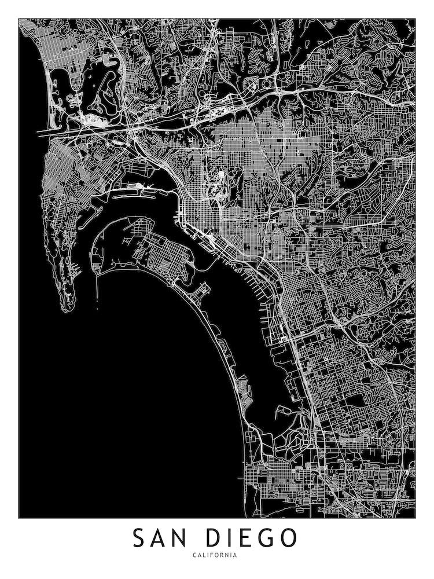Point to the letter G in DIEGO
(x=264, y=538)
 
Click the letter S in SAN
(x=139, y=538)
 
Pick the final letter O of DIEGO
(x=288, y=538)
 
